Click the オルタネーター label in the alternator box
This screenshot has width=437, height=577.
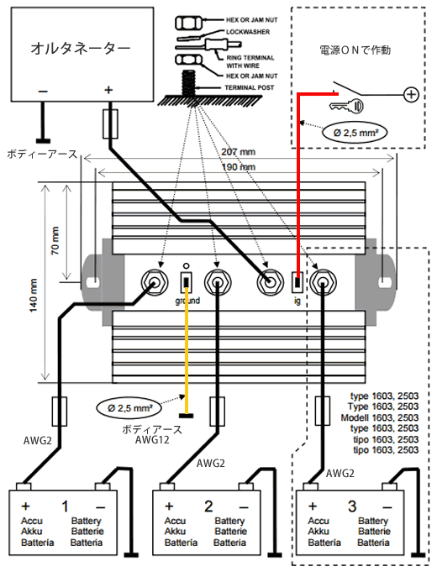click(81, 48)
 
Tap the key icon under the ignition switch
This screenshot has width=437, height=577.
click(346, 106)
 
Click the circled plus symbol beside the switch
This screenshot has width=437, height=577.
click(411, 95)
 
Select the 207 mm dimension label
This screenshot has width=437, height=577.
click(238, 152)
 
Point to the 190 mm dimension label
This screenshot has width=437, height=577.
click(238, 167)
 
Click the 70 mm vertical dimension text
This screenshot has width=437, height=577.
click(55, 241)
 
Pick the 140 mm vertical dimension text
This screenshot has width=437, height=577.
click(34, 296)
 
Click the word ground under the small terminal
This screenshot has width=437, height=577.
click(187, 301)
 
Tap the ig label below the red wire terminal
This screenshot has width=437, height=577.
click(297, 301)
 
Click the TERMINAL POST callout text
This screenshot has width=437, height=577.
click(250, 87)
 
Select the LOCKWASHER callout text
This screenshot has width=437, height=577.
click(248, 32)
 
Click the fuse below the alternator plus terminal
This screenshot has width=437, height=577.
click(110, 124)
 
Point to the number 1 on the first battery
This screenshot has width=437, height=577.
click(66, 506)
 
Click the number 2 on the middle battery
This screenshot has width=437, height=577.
click(208, 506)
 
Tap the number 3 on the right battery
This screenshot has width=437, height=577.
click(352, 506)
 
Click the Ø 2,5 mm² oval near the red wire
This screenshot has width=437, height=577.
click(355, 132)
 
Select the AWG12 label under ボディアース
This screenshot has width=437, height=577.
click(151, 440)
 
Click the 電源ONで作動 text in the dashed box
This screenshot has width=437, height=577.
click(355, 50)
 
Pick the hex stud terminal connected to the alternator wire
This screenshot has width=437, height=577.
click(270, 282)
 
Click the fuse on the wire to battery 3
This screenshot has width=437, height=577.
click(323, 411)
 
